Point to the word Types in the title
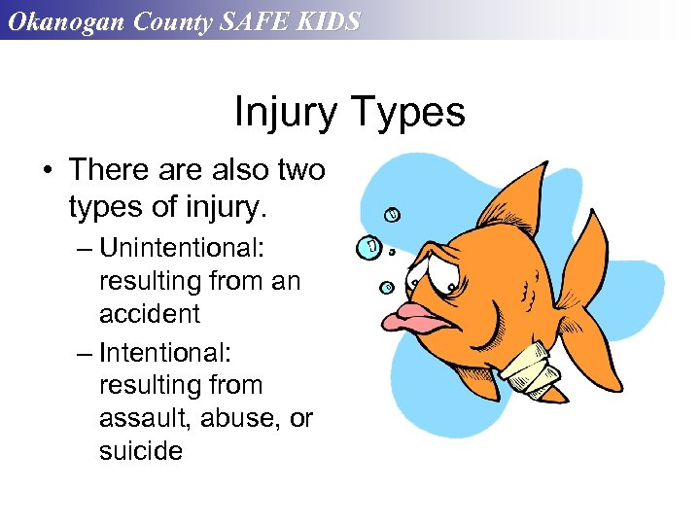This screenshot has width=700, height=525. click(x=409, y=114)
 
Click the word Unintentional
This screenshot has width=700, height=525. click(x=181, y=248)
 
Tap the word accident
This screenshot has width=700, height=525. click(x=150, y=314)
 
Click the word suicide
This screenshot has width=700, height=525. click(x=141, y=451)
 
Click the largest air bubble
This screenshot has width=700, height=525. click(x=370, y=247)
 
